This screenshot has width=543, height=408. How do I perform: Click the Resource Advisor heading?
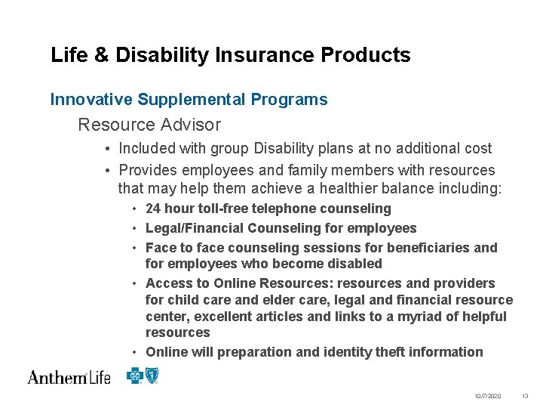click(x=149, y=125)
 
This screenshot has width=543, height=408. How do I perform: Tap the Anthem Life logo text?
click(x=69, y=377)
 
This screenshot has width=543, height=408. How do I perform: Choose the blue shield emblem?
click(x=152, y=375)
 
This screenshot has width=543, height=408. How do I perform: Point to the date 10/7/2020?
click(x=488, y=397)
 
